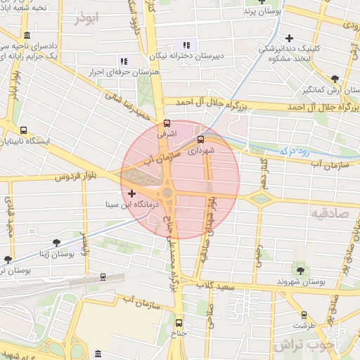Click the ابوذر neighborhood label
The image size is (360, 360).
point(89,17)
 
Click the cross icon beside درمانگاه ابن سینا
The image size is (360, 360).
point(131,193)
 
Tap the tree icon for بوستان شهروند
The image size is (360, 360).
point(301,271)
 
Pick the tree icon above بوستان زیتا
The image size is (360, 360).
point(56,243)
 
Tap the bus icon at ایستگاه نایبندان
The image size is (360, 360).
point(25,130)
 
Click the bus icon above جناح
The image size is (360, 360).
point(178,323)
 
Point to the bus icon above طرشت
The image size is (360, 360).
point(304,315)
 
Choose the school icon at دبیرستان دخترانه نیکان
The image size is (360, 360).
point(186,45)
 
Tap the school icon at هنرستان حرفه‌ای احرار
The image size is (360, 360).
point(124,61)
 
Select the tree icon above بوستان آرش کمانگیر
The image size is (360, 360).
point(334,79)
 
